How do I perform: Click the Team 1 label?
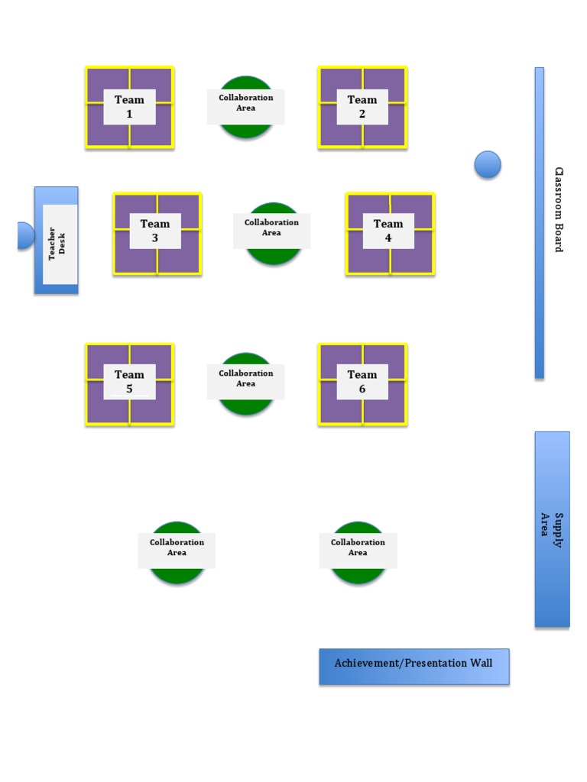[x=129, y=107]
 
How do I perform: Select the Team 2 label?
[x=362, y=107]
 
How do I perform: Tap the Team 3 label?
[x=154, y=231]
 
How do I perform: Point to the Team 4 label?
[x=388, y=231]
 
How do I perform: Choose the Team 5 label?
[x=129, y=382]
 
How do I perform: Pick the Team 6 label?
[x=362, y=382]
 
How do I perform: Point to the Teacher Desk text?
[x=57, y=244]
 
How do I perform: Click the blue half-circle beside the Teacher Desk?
[x=26, y=235]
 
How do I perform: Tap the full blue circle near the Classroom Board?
[x=488, y=165]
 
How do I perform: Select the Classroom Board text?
[x=559, y=209]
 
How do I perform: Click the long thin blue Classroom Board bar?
[x=540, y=223]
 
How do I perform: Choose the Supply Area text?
[x=552, y=530]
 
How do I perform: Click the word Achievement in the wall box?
[x=366, y=663]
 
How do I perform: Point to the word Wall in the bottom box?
[x=482, y=663]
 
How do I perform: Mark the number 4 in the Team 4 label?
[x=388, y=238]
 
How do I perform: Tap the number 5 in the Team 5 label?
[x=129, y=389]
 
